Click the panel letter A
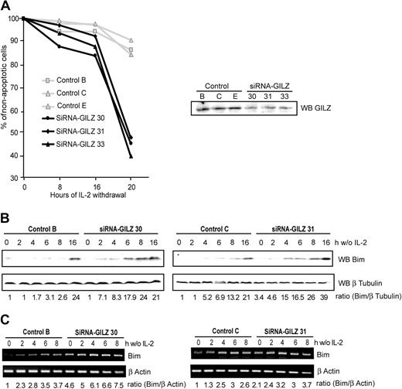coord(8,7)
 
